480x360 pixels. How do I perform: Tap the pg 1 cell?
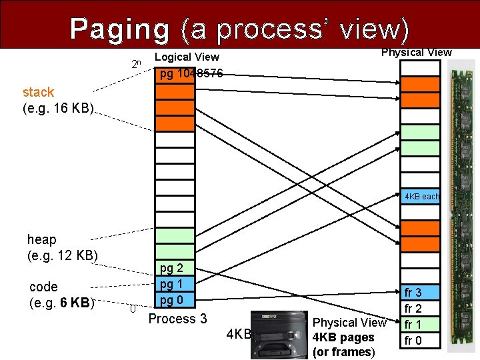(175, 284)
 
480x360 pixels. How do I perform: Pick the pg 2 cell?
(175, 269)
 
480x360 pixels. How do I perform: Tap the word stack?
(38, 92)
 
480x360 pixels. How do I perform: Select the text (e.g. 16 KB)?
(59, 107)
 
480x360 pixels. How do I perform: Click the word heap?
(42, 239)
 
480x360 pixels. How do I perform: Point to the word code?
(44, 287)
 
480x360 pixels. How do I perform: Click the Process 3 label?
(177, 319)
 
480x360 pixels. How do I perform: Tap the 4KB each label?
(421, 197)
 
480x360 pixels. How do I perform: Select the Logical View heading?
(187, 57)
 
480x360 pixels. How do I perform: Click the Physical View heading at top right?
(416, 52)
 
